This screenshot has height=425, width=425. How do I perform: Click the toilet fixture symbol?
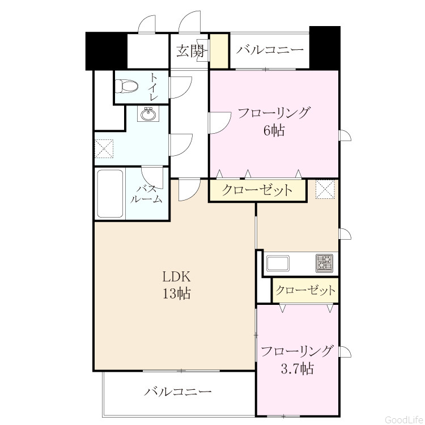(x=126, y=86)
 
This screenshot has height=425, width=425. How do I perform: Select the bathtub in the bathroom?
(x=110, y=194)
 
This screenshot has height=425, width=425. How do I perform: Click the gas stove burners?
(x=324, y=263)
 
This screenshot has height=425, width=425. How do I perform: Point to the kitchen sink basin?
(x=278, y=263)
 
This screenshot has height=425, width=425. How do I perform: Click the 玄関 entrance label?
(x=190, y=51)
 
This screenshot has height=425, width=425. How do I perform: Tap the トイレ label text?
(x=154, y=87)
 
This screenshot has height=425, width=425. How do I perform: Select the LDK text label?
(x=176, y=277)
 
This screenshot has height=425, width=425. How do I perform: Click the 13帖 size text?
(x=177, y=293)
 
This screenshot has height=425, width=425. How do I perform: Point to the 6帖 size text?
(x=274, y=131)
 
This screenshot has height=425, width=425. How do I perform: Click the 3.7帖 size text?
(x=297, y=369)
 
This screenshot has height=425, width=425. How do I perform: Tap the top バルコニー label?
(x=270, y=50)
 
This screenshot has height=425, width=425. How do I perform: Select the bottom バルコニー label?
(x=177, y=392)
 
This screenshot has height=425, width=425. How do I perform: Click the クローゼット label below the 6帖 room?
(x=257, y=190)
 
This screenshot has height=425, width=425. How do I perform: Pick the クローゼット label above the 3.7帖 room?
(x=305, y=290)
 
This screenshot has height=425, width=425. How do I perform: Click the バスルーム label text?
(x=146, y=194)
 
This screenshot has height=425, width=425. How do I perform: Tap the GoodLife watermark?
(x=404, y=419)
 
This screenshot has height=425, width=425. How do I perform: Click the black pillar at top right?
(x=325, y=48)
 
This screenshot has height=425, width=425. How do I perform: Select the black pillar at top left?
(x=107, y=51)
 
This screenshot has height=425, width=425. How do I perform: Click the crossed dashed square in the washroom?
(x=104, y=148)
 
